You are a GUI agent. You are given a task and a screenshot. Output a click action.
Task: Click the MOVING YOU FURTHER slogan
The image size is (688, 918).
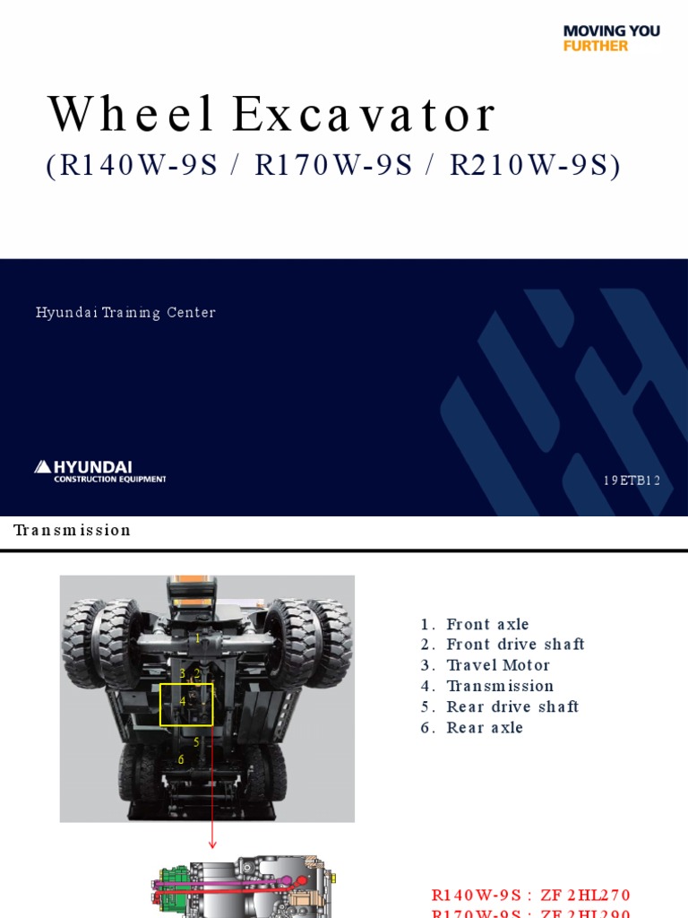click(x=611, y=38)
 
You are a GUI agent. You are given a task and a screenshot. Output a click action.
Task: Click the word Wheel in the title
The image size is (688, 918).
click(x=131, y=115)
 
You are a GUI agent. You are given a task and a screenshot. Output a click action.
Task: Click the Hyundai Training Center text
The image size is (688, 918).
click(x=125, y=313)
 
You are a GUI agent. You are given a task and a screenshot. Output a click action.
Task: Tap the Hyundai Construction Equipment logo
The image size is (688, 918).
click(x=100, y=471)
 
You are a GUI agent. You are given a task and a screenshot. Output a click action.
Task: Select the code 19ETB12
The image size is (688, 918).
click(x=632, y=481)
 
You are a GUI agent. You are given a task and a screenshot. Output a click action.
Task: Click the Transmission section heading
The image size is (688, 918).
click(x=73, y=530)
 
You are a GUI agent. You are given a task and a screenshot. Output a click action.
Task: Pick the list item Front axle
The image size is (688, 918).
click(x=487, y=624)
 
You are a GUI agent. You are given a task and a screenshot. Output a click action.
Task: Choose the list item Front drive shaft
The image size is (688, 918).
click(x=515, y=645)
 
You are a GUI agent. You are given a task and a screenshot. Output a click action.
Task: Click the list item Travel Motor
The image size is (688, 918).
click(x=498, y=665)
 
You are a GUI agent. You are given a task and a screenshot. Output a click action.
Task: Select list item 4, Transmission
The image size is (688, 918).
click(x=500, y=686)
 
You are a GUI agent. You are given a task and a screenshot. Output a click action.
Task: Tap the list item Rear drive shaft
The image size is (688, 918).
click(x=512, y=706)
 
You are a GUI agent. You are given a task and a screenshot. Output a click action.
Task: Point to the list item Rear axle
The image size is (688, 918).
click(x=485, y=727)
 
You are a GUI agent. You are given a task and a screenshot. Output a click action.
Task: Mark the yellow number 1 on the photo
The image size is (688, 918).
click(x=197, y=638)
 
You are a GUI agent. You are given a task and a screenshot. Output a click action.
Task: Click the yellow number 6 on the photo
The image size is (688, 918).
click(x=181, y=759)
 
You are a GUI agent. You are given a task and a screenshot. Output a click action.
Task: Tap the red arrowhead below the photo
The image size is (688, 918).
click(x=213, y=843)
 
